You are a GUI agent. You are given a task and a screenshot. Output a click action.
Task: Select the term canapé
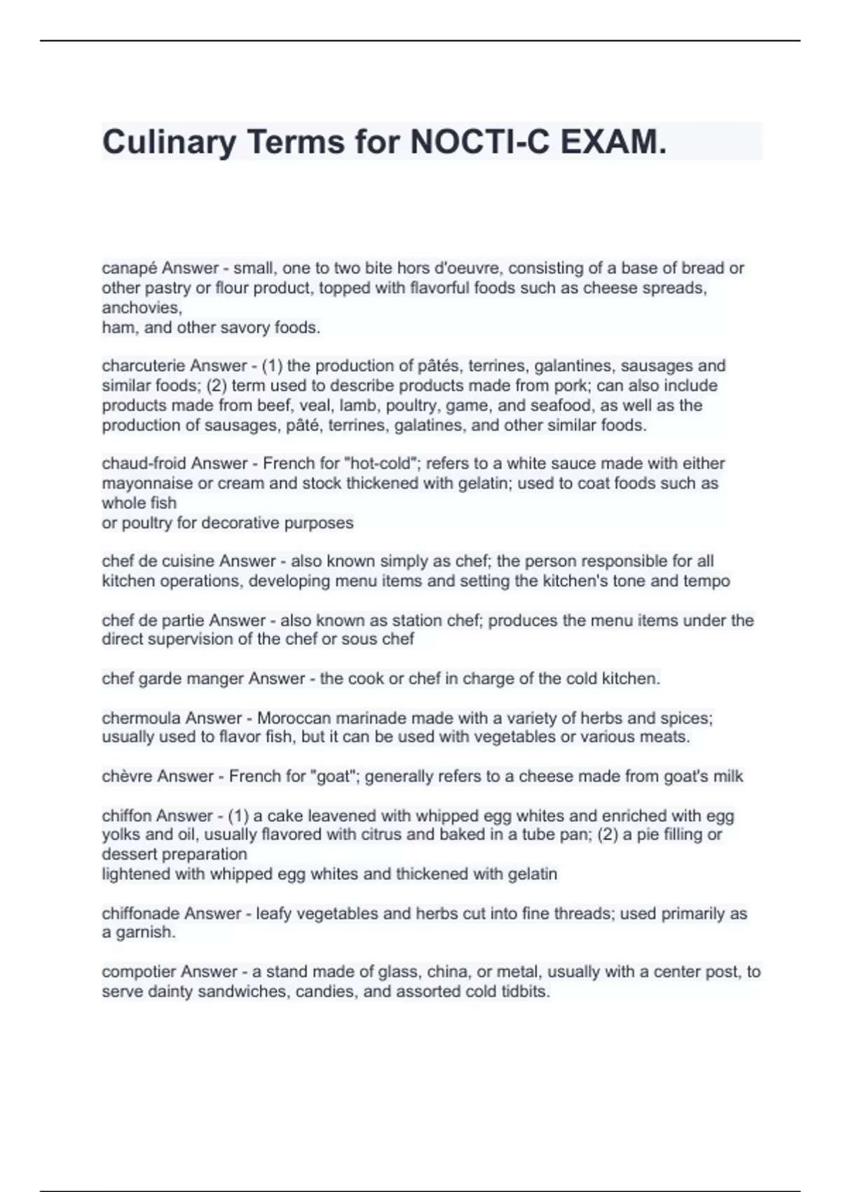(x=130, y=269)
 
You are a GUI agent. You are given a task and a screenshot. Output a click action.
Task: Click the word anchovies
(x=142, y=308)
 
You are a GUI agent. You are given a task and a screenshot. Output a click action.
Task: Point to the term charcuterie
(x=143, y=366)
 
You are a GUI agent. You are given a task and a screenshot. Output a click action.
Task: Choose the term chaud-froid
(x=144, y=463)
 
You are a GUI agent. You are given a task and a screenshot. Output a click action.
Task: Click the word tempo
(x=709, y=581)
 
